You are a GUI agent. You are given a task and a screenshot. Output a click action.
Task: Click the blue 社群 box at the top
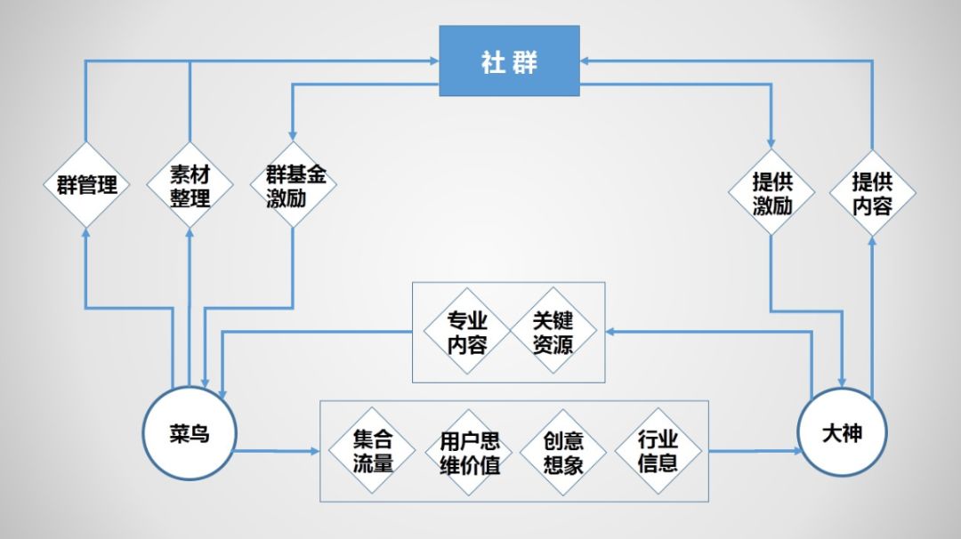tap(509, 60)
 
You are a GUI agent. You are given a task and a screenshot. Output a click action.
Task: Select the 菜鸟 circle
tap(189, 432)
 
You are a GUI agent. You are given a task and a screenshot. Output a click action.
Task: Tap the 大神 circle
tap(842, 432)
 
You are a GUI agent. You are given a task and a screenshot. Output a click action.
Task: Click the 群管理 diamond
tap(86, 185)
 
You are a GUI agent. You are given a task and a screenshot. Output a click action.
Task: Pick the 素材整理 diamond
tap(190, 185)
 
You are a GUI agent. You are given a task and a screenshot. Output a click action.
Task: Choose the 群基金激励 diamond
tap(294, 185)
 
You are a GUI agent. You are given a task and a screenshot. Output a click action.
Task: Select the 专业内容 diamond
tap(466, 332)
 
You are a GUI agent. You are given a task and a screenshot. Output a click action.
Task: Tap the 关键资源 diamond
tap(553, 332)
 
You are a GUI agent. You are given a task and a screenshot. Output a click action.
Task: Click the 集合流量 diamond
tap(372, 451)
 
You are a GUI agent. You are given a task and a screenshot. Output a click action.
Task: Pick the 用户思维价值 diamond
tap(469, 452)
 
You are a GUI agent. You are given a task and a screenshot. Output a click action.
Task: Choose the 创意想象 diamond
tap(562, 452)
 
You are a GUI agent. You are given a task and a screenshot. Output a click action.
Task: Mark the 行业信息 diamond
tap(658, 451)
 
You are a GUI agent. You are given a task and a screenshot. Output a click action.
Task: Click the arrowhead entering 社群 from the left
tap(433, 60)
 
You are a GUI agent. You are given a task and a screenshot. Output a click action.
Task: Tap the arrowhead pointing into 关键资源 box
tap(611, 332)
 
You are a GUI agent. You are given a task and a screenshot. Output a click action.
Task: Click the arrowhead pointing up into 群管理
tap(86, 231)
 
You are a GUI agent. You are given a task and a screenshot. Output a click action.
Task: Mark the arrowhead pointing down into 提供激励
tap(771, 144)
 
